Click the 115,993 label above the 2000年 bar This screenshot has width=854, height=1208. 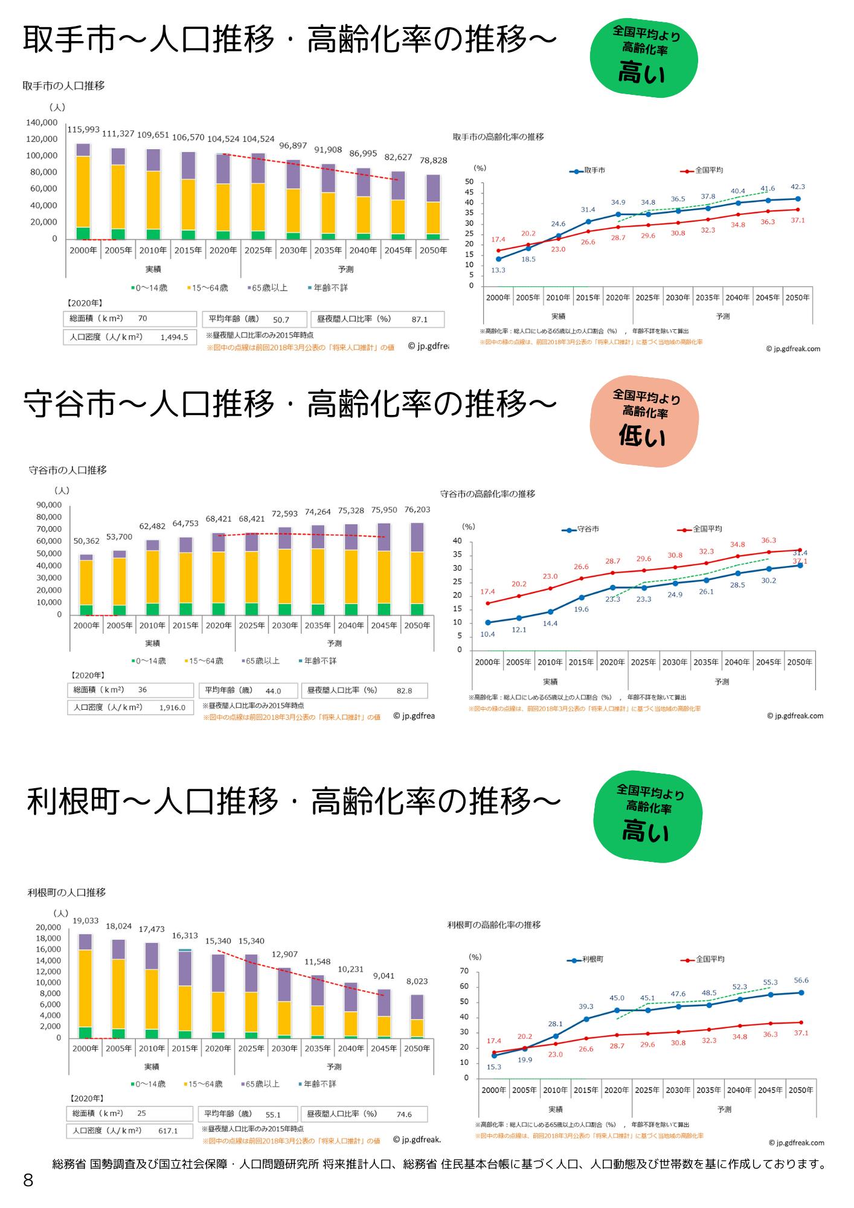83,130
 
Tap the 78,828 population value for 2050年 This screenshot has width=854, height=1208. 434,161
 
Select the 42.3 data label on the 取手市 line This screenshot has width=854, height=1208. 797,187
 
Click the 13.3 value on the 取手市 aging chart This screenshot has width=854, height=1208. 498,270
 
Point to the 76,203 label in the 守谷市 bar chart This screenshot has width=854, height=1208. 417,510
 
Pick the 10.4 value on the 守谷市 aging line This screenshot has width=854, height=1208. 487,634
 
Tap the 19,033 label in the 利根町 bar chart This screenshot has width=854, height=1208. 86,921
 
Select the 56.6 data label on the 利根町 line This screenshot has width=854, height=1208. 801,980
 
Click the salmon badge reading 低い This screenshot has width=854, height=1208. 644,423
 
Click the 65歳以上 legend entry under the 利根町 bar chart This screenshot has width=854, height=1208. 260,1084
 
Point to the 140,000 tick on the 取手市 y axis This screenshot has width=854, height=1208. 42,123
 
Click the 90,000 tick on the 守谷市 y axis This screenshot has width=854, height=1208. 49,505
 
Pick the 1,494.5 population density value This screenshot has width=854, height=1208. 174,338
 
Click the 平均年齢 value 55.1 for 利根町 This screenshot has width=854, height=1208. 273,1114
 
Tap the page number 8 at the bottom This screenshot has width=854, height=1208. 28,1181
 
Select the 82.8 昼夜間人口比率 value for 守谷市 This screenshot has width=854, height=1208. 404,691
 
